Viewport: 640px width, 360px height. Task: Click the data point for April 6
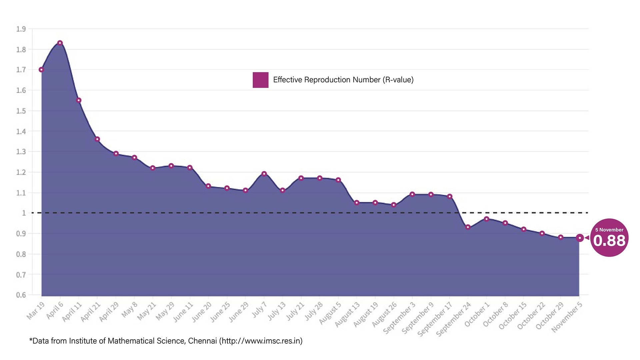(60, 43)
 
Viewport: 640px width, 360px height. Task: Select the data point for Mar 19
(41, 70)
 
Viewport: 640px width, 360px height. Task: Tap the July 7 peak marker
(264, 174)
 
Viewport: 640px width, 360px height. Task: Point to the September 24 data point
(468, 227)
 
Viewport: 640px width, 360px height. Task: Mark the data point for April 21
(97, 139)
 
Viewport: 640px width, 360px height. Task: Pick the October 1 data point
(487, 219)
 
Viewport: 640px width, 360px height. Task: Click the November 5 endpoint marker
(580, 238)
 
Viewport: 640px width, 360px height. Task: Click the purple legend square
(260, 80)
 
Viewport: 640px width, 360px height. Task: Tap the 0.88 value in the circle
(609, 241)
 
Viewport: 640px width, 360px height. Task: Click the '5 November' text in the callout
(609, 230)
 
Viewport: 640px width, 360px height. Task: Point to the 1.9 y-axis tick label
(21, 29)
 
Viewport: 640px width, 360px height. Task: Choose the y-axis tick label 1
(24, 213)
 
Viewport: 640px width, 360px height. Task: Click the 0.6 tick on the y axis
(21, 295)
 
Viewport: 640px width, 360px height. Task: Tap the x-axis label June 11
(183, 312)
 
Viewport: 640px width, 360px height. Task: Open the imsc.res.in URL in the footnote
(261, 341)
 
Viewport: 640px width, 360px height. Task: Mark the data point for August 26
(394, 205)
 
